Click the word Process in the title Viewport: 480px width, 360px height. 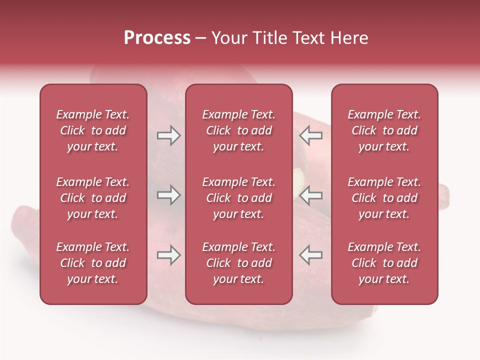click(157, 38)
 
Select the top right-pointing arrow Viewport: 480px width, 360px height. click(168, 135)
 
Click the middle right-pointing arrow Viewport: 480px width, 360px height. click(168, 195)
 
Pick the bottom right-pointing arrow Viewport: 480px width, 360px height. click(168, 255)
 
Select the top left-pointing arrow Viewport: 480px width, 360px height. click(311, 135)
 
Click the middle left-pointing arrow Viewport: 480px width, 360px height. click(311, 195)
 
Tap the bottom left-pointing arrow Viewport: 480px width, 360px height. click(311, 255)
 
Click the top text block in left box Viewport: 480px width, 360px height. click(93, 130)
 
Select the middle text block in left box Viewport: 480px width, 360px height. click(93, 198)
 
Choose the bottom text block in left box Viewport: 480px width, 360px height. click(93, 263)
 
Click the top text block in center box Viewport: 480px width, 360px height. click(238, 130)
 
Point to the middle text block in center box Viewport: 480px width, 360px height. click(238, 198)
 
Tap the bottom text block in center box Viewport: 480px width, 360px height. click(238, 263)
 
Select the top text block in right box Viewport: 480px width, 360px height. click(384, 130)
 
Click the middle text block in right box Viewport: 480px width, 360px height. click(384, 198)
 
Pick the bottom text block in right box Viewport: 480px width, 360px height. click(384, 263)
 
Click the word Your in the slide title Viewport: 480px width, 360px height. click(228, 38)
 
